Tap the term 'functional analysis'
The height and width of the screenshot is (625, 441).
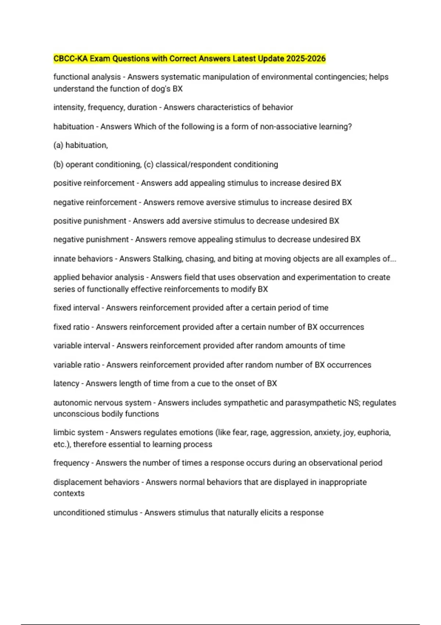(87, 77)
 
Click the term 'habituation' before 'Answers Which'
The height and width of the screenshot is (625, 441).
(73, 126)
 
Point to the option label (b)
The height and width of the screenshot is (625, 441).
(58, 164)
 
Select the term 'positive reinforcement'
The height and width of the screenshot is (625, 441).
(94, 183)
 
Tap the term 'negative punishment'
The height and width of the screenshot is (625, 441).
(91, 239)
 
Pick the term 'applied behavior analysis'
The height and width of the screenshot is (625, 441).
(98, 277)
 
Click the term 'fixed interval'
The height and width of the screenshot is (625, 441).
(76, 308)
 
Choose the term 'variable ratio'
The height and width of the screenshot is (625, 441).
(76, 365)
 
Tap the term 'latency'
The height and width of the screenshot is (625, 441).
(66, 383)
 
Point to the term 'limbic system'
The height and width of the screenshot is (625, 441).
(78, 432)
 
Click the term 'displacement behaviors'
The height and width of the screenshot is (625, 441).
(96, 482)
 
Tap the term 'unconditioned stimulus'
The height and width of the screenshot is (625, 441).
(96, 512)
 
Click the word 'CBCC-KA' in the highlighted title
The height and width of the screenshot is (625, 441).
(71, 58)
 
